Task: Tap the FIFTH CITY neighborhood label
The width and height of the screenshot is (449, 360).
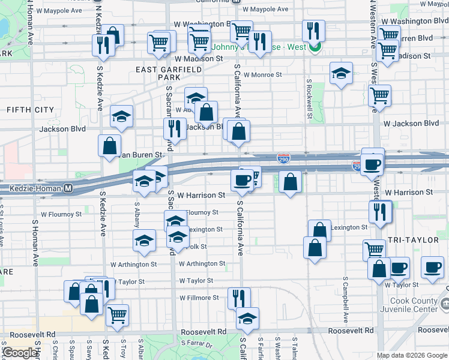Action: (x=30, y=110)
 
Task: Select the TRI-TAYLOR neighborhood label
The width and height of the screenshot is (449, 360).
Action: (x=412, y=239)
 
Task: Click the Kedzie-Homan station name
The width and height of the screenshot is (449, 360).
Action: (x=35, y=188)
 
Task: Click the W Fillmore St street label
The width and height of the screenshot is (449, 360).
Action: (x=199, y=298)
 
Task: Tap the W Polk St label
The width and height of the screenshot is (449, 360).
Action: (x=196, y=247)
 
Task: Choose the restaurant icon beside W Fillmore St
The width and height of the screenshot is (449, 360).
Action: (x=239, y=298)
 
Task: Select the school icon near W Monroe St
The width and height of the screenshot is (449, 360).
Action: (x=341, y=73)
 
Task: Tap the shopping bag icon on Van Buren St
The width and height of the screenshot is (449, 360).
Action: (x=110, y=146)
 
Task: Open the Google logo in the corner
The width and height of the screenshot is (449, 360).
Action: (x=20, y=353)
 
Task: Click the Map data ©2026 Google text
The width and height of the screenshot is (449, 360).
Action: (x=411, y=355)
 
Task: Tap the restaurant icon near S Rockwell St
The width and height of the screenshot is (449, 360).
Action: (x=313, y=31)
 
